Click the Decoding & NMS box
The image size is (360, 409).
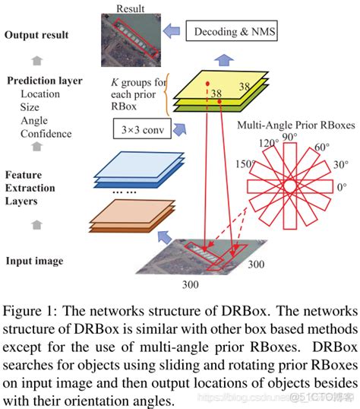click(232, 30)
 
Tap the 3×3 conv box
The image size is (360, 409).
click(142, 128)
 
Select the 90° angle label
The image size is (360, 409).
click(289, 137)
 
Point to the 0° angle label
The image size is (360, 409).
click(342, 187)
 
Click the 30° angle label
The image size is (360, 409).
click(341, 165)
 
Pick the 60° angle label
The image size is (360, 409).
click(322, 147)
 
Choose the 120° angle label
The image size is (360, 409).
click(269, 143)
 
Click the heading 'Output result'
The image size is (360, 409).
click(36, 35)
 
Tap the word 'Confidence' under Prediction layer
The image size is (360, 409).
click(46, 134)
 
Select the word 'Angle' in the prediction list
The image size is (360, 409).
click(34, 121)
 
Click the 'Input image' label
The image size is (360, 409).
click(34, 261)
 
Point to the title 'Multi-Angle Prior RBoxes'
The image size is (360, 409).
click(296, 125)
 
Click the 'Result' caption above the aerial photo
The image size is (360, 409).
click(131, 8)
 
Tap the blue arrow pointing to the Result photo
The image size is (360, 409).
click(172, 30)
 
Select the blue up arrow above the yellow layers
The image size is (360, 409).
click(224, 60)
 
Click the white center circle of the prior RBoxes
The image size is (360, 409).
click(290, 186)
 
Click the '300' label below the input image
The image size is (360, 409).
click(191, 284)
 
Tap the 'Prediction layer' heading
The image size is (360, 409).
click(45, 81)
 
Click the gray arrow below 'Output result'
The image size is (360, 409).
click(37, 61)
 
